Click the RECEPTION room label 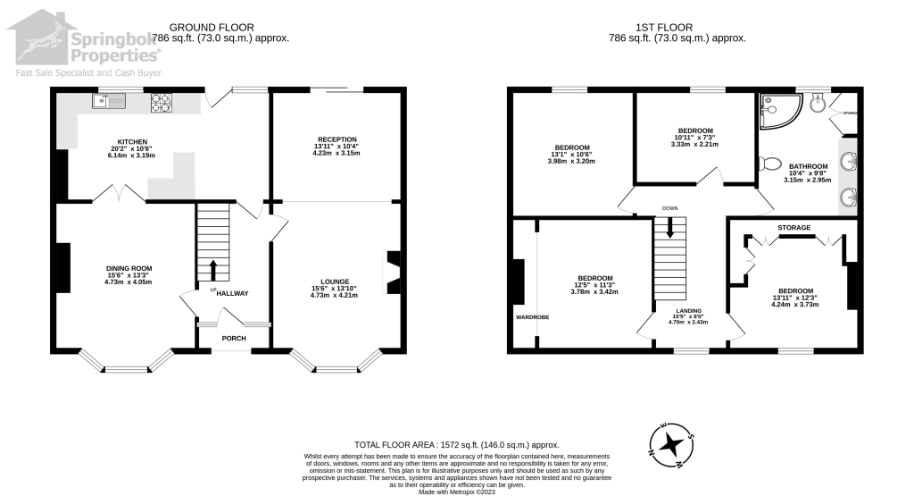click(x=336, y=139)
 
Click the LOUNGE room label click(x=334, y=281)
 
